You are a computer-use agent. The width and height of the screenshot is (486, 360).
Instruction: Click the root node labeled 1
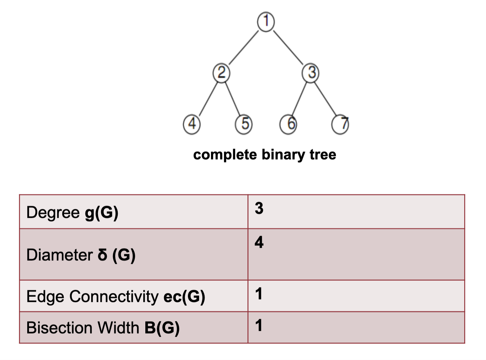tap(266, 21)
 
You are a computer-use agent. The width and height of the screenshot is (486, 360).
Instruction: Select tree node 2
tap(221, 73)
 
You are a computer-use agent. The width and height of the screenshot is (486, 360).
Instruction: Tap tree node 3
tap(311, 73)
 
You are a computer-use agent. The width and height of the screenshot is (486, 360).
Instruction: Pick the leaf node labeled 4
tap(192, 124)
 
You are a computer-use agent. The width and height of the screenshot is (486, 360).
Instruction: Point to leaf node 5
tap(244, 124)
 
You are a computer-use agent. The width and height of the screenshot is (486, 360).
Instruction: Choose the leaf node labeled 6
tap(288, 124)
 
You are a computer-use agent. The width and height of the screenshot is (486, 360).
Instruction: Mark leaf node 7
tap(341, 124)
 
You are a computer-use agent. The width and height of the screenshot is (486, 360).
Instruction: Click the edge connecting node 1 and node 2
tap(244, 47)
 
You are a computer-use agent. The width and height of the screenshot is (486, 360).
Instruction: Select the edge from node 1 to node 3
tap(288, 47)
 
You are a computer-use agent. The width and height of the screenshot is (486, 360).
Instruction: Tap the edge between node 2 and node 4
tap(208, 99)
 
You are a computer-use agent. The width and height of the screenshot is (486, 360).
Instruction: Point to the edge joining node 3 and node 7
tap(326, 99)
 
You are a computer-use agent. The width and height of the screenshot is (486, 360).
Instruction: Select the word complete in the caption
tap(225, 155)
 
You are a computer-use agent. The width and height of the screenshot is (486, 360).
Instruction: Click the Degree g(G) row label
tap(72, 213)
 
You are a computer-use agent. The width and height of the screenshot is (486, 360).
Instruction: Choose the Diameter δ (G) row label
tap(81, 255)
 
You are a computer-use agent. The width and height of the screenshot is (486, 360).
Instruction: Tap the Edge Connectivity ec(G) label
tap(116, 296)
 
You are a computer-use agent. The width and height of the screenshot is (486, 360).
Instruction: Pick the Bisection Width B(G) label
tap(103, 328)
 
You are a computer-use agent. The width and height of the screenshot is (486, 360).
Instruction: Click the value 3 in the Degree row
tap(259, 208)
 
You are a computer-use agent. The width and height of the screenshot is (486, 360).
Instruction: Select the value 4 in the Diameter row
tap(259, 242)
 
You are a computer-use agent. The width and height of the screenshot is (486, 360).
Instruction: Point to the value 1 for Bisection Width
tap(259, 325)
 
